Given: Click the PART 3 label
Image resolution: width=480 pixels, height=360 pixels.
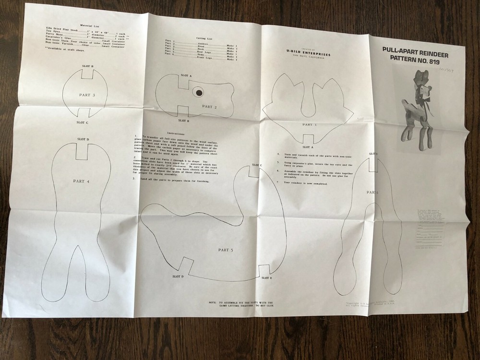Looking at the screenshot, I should pyautogui.click(x=87, y=95).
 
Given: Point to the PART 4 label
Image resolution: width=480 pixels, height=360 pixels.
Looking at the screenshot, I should pyautogui.click(x=81, y=181).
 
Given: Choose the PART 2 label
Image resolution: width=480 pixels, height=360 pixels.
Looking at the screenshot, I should pyautogui.click(x=210, y=107).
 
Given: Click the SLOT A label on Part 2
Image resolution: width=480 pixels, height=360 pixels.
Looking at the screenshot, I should pyautogui.click(x=186, y=76).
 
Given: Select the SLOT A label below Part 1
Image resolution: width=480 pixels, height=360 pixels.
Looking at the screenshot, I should pyautogui.click(x=309, y=147).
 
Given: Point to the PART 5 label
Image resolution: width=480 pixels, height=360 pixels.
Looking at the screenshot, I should pyautogui.click(x=225, y=250).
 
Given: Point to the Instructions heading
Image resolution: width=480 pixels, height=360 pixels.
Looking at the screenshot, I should pyautogui.click(x=177, y=132).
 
